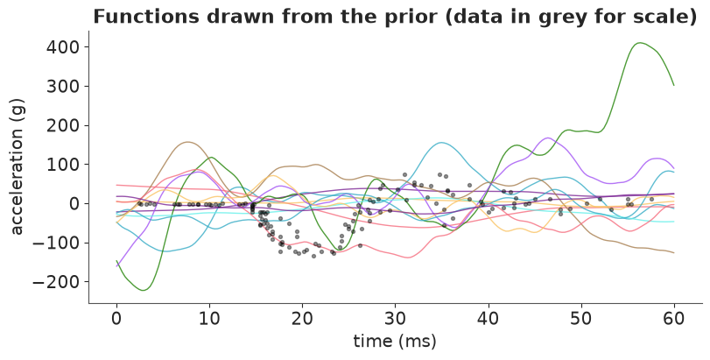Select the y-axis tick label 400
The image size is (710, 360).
click(64, 47)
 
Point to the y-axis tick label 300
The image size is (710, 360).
click(64, 86)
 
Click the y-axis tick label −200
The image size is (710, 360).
click(58, 282)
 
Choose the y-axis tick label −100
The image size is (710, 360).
click(58, 243)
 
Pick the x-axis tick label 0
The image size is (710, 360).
click(116, 319)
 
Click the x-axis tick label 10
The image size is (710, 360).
click(209, 319)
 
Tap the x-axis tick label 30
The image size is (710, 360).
click(395, 319)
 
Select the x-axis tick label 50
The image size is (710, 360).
click(581, 319)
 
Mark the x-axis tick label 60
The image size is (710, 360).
click(674, 319)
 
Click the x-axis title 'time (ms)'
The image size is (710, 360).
click(395, 341)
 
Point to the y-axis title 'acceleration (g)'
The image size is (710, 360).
click(17, 167)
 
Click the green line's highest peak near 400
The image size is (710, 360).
click(639, 43)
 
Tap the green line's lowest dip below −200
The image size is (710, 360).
click(143, 290)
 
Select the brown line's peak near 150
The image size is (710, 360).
click(187, 142)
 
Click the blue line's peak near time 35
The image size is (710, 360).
click(441, 143)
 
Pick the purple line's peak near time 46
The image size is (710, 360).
click(548, 138)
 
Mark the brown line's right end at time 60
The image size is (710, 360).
click(674, 252)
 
